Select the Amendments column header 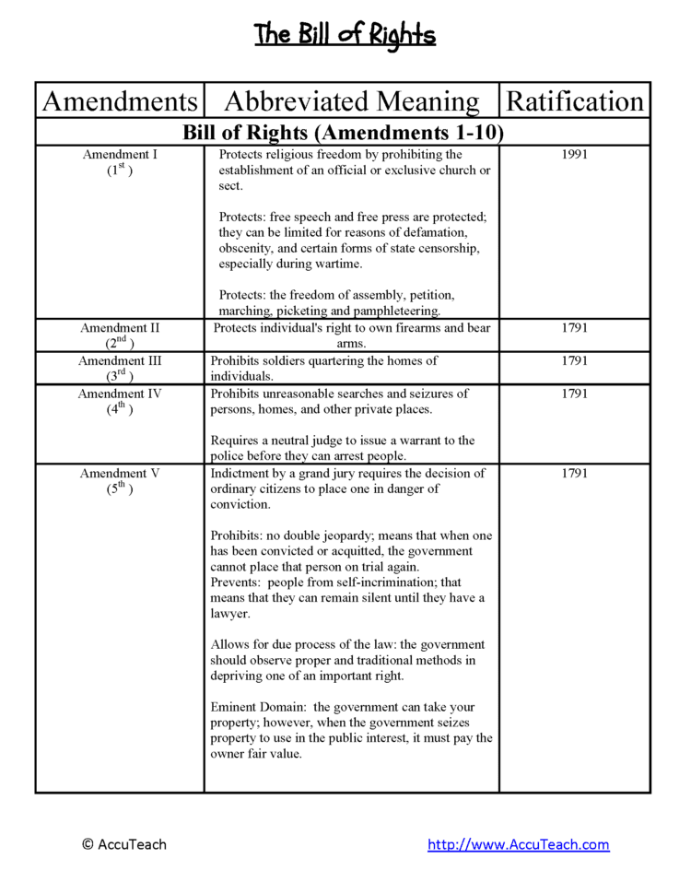tap(120, 100)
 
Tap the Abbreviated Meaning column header tap(352, 100)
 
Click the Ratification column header tap(575, 100)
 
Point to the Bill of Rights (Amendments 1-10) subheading tap(343, 132)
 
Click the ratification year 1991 tap(574, 155)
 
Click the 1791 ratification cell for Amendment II tap(574, 328)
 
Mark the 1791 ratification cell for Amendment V tap(574, 474)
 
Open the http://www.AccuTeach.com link tap(518, 844)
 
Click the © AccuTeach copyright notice tap(124, 844)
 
